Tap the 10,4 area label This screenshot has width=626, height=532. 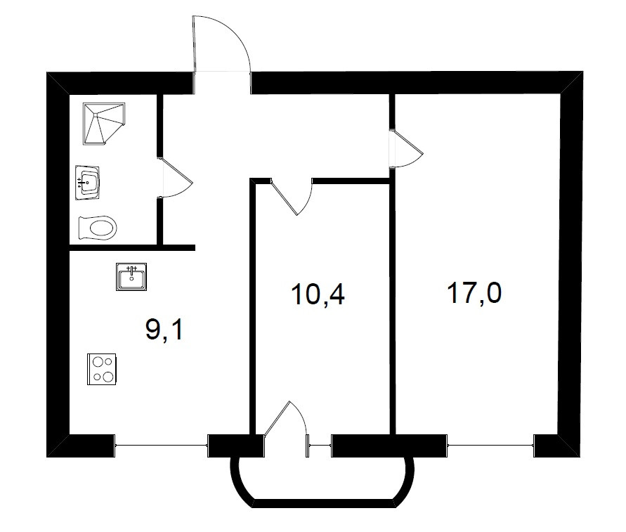(318, 294)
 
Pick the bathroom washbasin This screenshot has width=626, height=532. (88, 183)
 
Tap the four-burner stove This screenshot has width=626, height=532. (102, 369)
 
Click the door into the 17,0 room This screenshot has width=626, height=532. (405, 148)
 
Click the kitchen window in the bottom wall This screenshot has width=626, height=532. (161, 446)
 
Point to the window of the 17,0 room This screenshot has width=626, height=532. (490, 446)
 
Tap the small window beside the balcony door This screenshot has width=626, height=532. (319, 446)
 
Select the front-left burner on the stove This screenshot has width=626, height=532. (97, 376)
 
